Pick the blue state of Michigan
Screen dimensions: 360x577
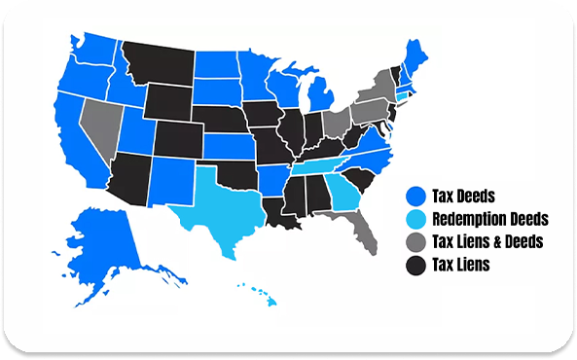pos(322,101)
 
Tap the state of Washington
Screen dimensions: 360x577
pos(91,49)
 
